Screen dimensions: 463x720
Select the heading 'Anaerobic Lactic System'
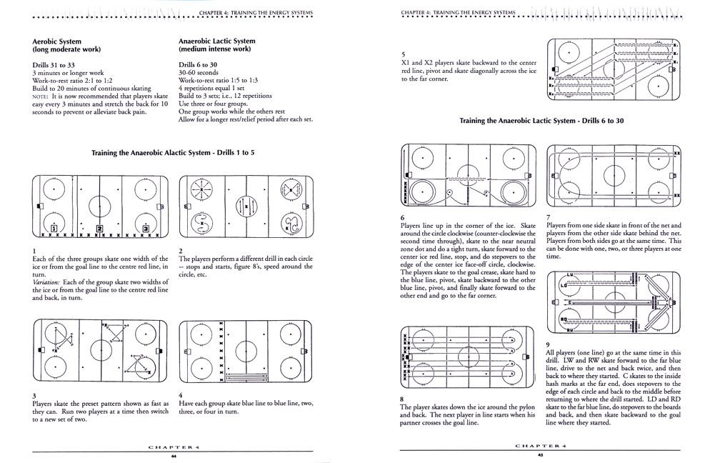click(216, 41)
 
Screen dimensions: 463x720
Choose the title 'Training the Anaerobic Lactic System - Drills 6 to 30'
click(543, 121)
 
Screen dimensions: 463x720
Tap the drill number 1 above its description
click(34, 250)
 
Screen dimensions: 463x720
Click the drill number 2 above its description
click(181, 250)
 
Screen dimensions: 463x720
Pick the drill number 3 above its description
click(34, 395)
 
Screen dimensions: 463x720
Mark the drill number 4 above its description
click(181, 395)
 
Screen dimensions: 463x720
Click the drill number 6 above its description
click(404, 217)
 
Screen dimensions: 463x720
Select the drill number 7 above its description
click(548, 217)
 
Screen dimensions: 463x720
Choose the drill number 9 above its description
click(548, 344)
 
